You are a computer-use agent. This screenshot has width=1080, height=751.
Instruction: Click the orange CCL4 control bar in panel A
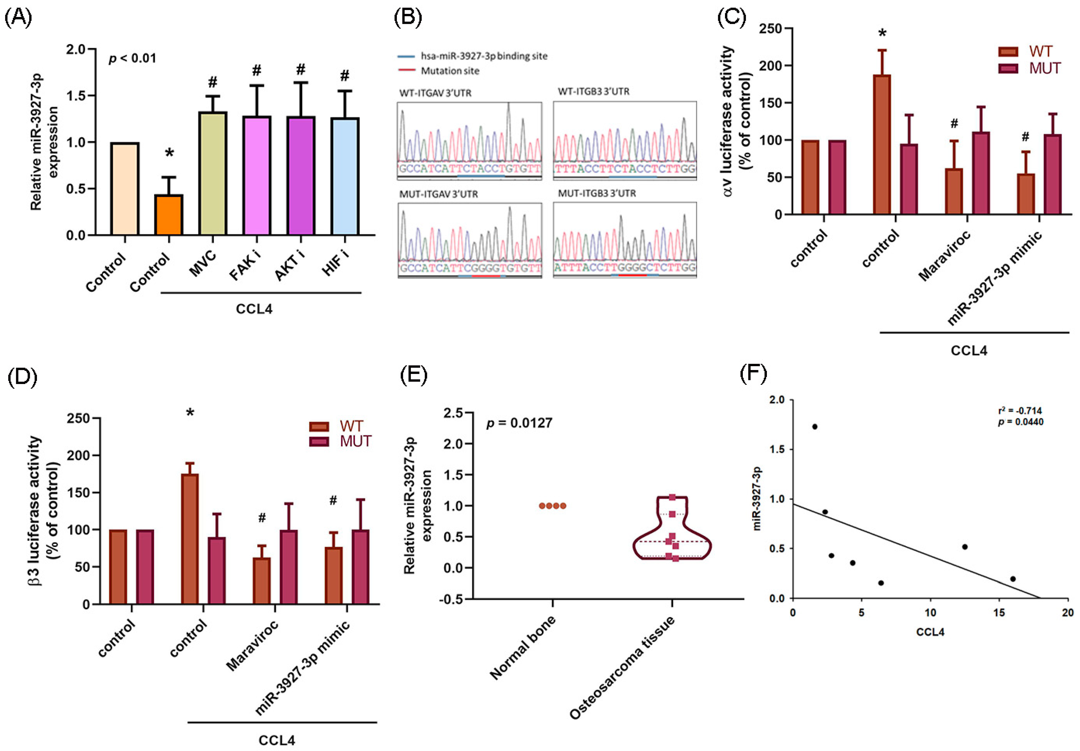(169, 215)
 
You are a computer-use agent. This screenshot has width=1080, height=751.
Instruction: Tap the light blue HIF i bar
(345, 176)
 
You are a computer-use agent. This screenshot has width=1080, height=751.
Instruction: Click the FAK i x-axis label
(246, 266)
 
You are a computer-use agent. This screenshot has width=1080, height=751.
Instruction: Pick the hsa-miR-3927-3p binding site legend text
(484, 56)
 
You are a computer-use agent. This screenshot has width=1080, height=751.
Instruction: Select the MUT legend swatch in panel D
(319, 442)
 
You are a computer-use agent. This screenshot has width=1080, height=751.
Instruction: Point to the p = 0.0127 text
(519, 423)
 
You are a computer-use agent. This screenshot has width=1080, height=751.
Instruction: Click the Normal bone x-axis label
(522, 647)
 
